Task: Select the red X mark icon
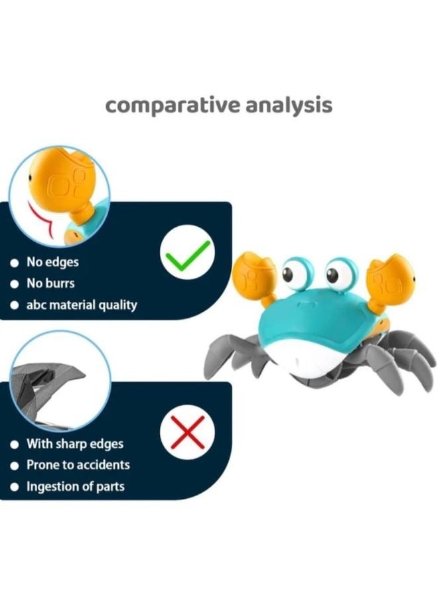187,434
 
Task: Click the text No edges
52,262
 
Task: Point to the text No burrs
50,284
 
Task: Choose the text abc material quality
82,306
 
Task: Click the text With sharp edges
75,444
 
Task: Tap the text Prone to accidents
78,465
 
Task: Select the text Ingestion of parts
75,487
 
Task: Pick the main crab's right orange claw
392,279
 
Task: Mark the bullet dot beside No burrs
14,285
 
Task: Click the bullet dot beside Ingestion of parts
14,488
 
